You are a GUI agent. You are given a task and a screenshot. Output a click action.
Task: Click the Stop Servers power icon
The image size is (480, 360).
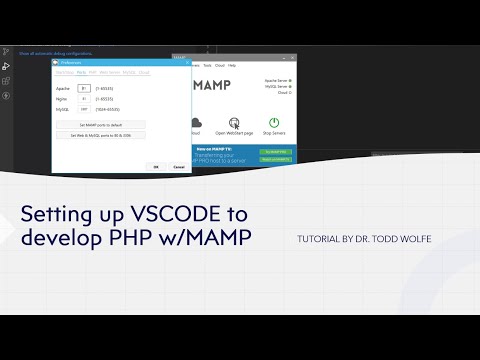click(x=271, y=114)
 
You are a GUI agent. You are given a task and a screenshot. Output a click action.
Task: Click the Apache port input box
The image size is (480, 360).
click(x=84, y=89)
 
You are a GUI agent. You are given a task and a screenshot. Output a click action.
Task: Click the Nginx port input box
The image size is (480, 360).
click(x=84, y=100)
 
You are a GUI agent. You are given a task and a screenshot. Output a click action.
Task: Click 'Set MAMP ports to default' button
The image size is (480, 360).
click(x=100, y=124)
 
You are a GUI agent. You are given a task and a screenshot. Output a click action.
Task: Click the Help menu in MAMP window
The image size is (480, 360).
click(x=232, y=65)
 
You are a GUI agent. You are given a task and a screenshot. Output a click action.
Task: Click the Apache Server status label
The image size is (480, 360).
click(x=276, y=80)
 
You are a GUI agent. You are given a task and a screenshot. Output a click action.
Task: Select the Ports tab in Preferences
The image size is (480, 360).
click(x=80, y=73)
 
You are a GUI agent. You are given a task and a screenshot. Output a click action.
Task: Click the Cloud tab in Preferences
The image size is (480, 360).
click(x=144, y=73)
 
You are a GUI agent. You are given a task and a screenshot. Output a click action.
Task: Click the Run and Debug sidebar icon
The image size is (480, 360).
click(x=7, y=65)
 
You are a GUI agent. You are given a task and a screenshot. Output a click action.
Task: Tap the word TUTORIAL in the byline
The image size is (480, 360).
click(x=321, y=240)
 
